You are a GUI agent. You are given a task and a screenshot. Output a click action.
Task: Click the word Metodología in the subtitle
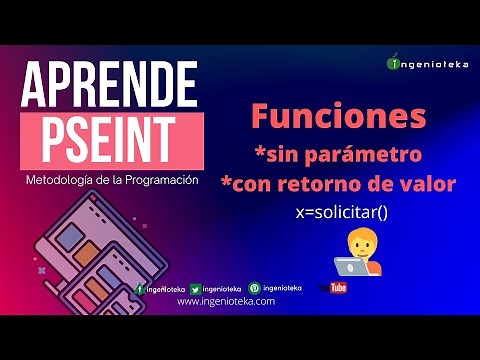pyautogui.click(x=60, y=180)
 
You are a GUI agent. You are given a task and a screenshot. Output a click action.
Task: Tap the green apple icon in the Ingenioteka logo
pyautogui.click(x=393, y=63)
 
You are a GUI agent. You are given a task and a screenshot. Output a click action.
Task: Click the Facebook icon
pyautogui.click(x=140, y=288)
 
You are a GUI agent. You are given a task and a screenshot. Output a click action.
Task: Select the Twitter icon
pyautogui.click(x=196, y=288)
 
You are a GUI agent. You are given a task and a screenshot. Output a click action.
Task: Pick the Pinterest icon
pyautogui.click(x=253, y=288)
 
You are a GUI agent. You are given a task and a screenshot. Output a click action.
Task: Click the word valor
pyautogui.click(x=429, y=185)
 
